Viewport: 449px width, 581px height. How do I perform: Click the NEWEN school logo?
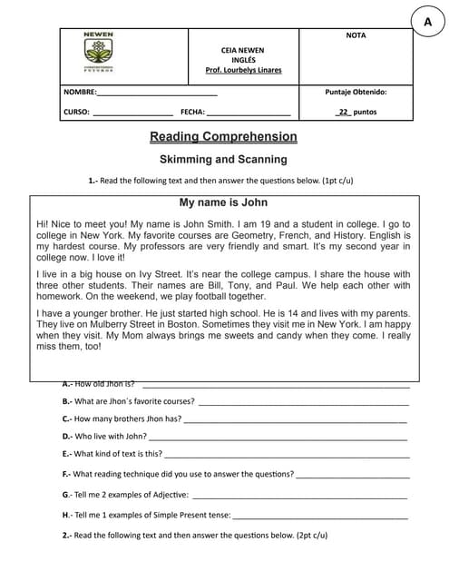click(97, 55)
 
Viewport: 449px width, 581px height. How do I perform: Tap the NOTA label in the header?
click(356, 35)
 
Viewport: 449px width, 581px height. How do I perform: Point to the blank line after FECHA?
click(249, 113)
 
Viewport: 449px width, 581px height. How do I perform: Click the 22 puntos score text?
click(356, 113)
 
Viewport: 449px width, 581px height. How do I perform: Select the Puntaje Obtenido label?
click(356, 92)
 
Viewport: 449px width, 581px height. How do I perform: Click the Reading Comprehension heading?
click(223, 137)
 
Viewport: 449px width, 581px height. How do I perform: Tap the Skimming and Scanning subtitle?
click(223, 159)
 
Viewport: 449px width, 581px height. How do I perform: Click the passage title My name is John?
click(223, 202)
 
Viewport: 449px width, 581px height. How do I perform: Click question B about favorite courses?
click(128, 401)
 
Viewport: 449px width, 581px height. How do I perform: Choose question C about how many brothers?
click(122, 419)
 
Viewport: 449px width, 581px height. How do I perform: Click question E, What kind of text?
click(112, 454)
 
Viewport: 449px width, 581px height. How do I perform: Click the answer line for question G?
click(299, 496)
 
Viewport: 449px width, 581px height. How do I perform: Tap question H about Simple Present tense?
click(146, 515)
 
